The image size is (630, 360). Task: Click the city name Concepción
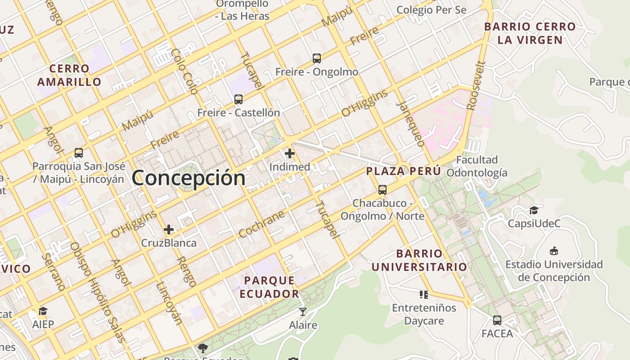click(x=189, y=178)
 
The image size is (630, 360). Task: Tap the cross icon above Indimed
click(x=290, y=154)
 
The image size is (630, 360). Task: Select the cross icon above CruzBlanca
click(x=169, y=230)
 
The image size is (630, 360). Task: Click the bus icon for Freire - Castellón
click(x=238, y=99)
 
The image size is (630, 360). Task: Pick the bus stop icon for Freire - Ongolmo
click(x=317, y=58)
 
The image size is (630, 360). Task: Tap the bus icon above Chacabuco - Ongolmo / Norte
click(x=382, y=190)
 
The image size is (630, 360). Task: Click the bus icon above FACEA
click(x=497, y=320)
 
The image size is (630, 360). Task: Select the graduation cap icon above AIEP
click(x=43, y=311)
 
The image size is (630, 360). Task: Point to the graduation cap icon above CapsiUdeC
click(x=534, y=210)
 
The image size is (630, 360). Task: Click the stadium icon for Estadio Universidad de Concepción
click(x=554, y=251)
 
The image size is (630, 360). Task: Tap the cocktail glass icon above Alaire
click(x=303, y=311)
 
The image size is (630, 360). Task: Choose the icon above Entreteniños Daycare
click(x=423, y=295)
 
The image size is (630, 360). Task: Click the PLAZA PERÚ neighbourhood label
click(x=403, y=171)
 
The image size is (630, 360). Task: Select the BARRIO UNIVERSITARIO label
click(x=419, y=260)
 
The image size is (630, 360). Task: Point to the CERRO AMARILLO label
click(x=69, y=75)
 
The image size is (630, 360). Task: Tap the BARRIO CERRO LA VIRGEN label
click(x=530, y=33)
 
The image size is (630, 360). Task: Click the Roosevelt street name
click(x=476, y=86)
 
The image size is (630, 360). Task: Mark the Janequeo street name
click(x=410, y=124)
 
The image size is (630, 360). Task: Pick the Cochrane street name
click(x=261, y=224)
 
